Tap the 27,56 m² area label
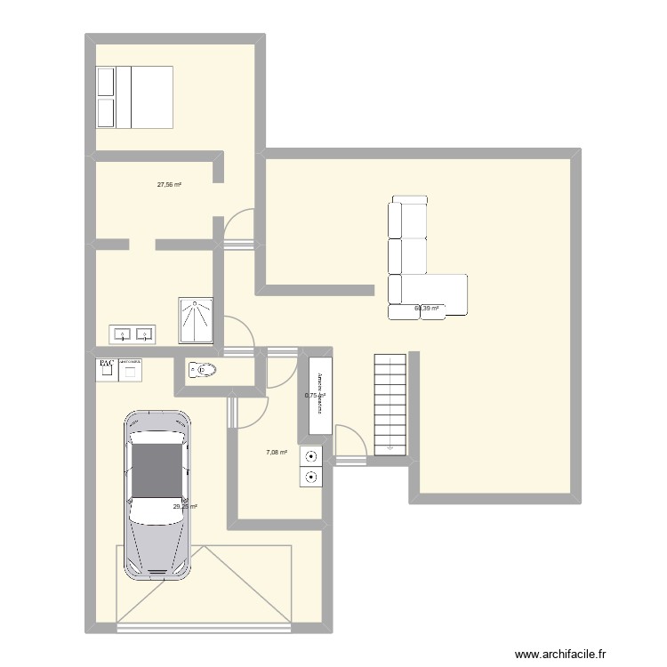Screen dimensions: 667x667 pyautogui.click(x=169, y=185)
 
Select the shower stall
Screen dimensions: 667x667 pyautogui.click(x=196, y=320)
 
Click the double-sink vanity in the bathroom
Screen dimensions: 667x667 pyautogui.click(x=133, y=334)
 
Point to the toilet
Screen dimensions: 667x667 pyautogui.click(x=203, y=370)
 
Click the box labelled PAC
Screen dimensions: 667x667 pyautogui.click(x=105, y=368)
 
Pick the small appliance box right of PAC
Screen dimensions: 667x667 pyautogui.click(x=131, y=368)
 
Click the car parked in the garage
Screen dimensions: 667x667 pyautogui.click(x=158, y=494)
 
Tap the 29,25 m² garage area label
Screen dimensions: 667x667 pyautogui.click(x=185, y=507)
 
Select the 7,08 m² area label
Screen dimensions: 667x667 pyautogui.click(x=277, y=453)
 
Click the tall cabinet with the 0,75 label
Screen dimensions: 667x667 pyautogui.click(x=319, y=395)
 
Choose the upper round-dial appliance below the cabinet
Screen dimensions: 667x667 pyautogui.click(x=312, y=457)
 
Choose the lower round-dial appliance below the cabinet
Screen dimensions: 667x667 pyautogui.click(x=312, y=478)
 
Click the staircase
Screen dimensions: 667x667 pyautogui.click(x=390, y=403)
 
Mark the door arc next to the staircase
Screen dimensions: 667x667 pyautogui.click(x=349, y=442)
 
